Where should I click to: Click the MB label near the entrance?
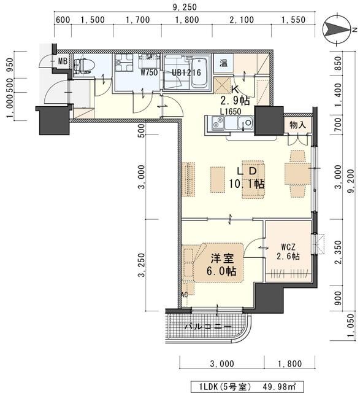[63, 61]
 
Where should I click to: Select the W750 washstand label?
[149, 72]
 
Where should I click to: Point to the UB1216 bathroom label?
[184, 72]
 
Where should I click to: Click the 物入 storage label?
[299, 125]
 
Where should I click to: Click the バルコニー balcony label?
[209, 326]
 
